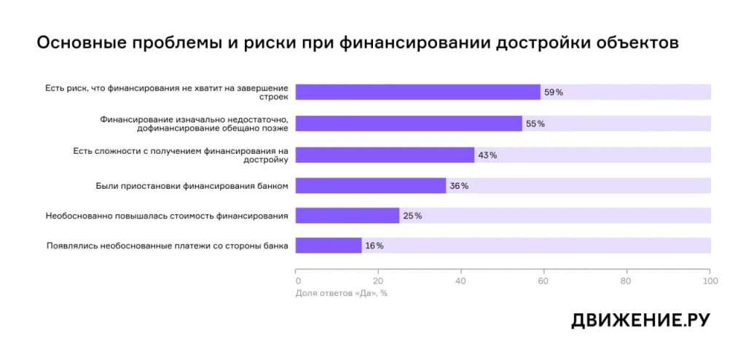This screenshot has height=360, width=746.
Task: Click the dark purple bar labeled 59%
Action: click(417, 92)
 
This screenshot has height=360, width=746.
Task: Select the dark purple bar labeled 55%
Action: click(409, 123)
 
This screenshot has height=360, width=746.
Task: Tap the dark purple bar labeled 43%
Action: click(385, 154)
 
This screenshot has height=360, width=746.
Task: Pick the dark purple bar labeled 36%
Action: click(371, 186)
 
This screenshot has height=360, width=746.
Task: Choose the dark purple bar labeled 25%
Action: click(348, 216)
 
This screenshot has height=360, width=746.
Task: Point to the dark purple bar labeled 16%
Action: click(329, 246)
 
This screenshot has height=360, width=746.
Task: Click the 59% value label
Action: click(554, 93)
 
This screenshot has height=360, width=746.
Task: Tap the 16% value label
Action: click(374, 246)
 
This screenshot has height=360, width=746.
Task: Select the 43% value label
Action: click(487, 155)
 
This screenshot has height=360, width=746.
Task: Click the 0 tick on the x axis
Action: click(298, 281)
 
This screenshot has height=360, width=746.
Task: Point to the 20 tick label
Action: click(378, 281)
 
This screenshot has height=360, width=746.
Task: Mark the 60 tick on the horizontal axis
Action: click(543, 281)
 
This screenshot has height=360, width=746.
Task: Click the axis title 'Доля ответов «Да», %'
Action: click(342, 294)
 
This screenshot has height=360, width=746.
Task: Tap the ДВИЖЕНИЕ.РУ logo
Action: click(640, 321)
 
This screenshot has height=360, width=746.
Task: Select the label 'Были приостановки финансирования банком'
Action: click(192, 186)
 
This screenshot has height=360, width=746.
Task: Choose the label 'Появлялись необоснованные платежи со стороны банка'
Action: click(168, 246)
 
